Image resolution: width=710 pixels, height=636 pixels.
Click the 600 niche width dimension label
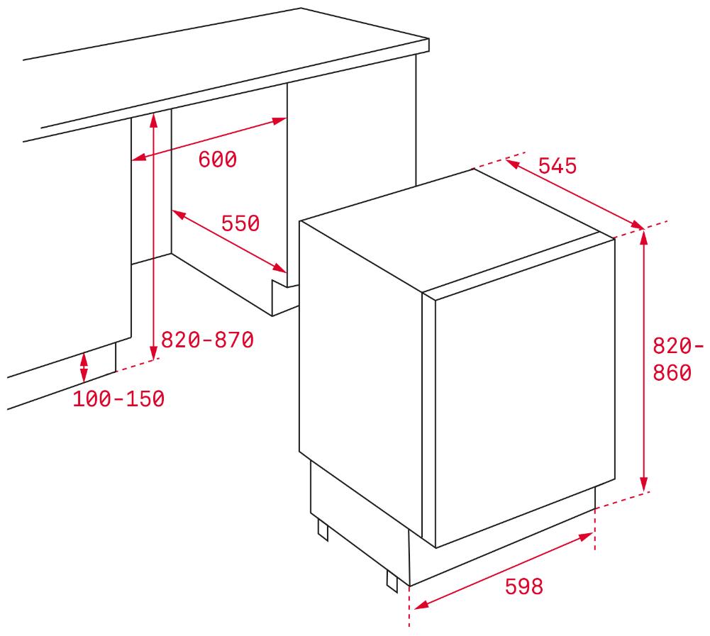click(x=217, y=160)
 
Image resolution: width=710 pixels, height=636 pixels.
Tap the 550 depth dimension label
click(x=240, y=223)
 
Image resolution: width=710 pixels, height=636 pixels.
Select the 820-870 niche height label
click(x=207, y=340)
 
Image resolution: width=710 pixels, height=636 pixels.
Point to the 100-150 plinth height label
click(x=118, y=398)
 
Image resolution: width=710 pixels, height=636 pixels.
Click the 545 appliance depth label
click(x=558, y=166)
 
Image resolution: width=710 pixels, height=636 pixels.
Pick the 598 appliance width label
click(x=524, y=586)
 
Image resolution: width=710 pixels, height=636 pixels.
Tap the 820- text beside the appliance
click(x=678, y=346)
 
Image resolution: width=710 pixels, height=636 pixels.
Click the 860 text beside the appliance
click(x=672, y=373)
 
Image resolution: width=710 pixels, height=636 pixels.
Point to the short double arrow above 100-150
click(x=84, y=367)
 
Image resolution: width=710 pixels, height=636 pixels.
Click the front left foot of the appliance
click(x=392, y=579)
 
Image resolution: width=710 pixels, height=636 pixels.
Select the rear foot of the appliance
click(x=323, y=530)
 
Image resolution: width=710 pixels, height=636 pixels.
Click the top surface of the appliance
click(x=450, y=231)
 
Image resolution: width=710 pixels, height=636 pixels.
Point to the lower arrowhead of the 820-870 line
click(x=153, y=352)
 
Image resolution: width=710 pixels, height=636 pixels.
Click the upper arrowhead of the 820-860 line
click(x=644, y=238)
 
